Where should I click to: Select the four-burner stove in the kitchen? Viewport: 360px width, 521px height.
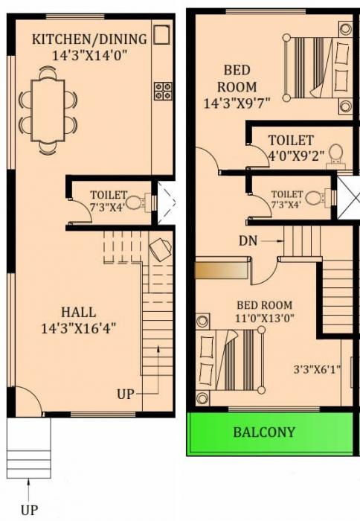(x=162, y=91)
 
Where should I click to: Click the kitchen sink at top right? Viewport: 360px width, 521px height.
(x=162, y=34)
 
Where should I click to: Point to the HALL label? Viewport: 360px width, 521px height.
(x=78, y=313)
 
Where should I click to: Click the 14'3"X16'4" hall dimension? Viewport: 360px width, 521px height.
(x=78, y=327)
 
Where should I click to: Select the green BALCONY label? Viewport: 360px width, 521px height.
(x=264, y=432)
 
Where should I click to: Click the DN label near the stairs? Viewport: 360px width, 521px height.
(x=248, y=240)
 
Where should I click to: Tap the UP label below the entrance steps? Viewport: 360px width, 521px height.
(x=28, y=510)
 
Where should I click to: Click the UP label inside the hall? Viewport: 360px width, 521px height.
(x=126, y=394)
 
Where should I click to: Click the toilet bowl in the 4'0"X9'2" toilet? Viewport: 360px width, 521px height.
(x=335, y=154)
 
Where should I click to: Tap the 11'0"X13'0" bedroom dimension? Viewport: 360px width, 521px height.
(x=264, y=319)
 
